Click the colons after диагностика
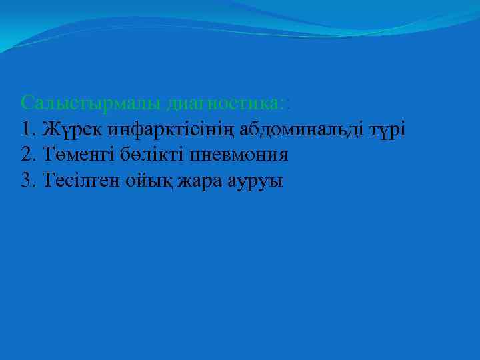(285, 104)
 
